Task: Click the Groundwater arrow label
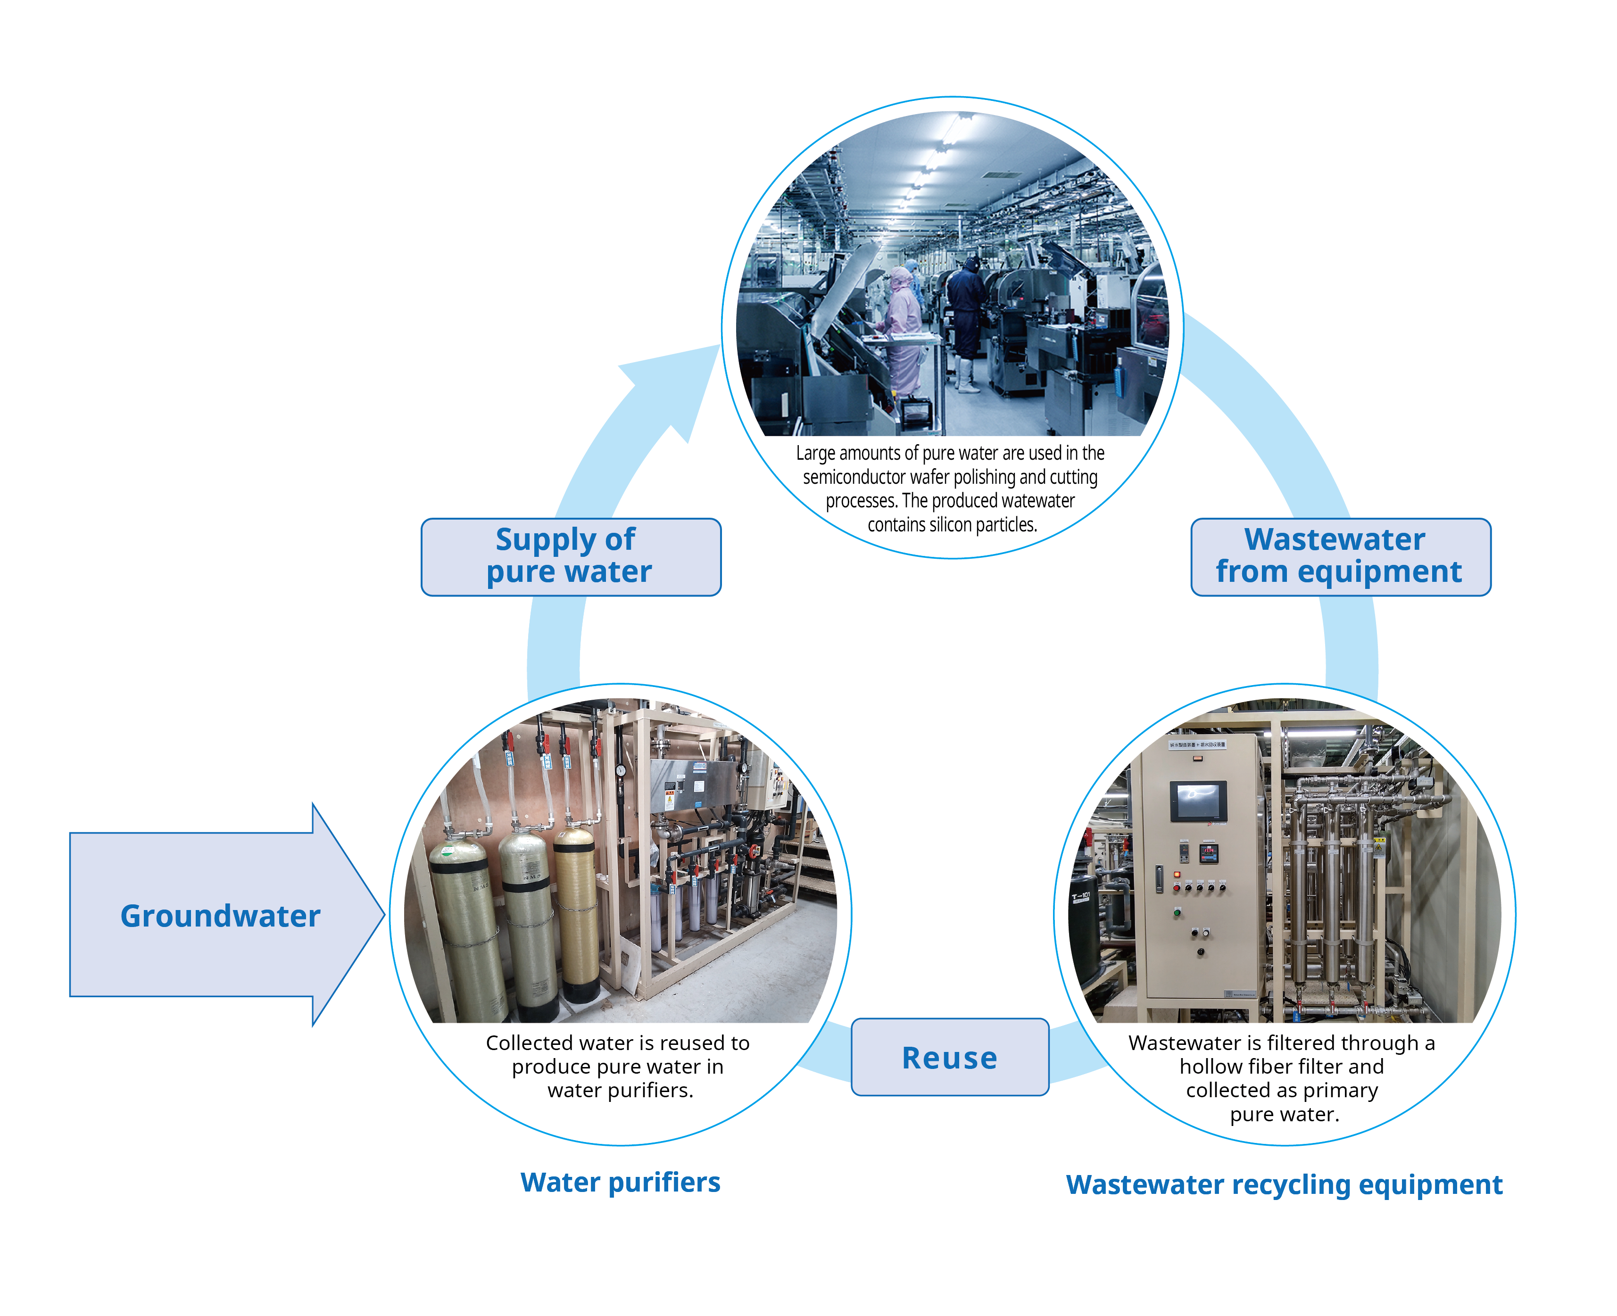220,915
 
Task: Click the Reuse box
949,1057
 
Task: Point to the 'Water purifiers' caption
620,1182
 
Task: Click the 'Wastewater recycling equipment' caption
1284,1184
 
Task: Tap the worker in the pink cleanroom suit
902,326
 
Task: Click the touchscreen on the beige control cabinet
1198,801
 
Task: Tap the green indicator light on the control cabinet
1177,912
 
